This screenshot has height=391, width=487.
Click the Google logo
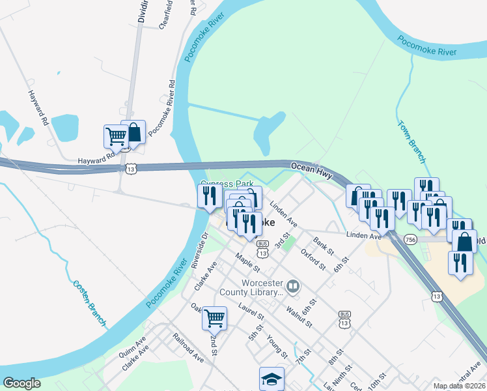22,383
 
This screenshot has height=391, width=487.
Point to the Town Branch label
411,141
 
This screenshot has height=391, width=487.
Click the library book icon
294,285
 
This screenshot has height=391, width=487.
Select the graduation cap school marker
272,378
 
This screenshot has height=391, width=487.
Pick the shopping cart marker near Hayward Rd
116,138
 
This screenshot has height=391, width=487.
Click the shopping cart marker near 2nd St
214,318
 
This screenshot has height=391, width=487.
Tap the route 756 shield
410,240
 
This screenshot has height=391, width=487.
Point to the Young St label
277,347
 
